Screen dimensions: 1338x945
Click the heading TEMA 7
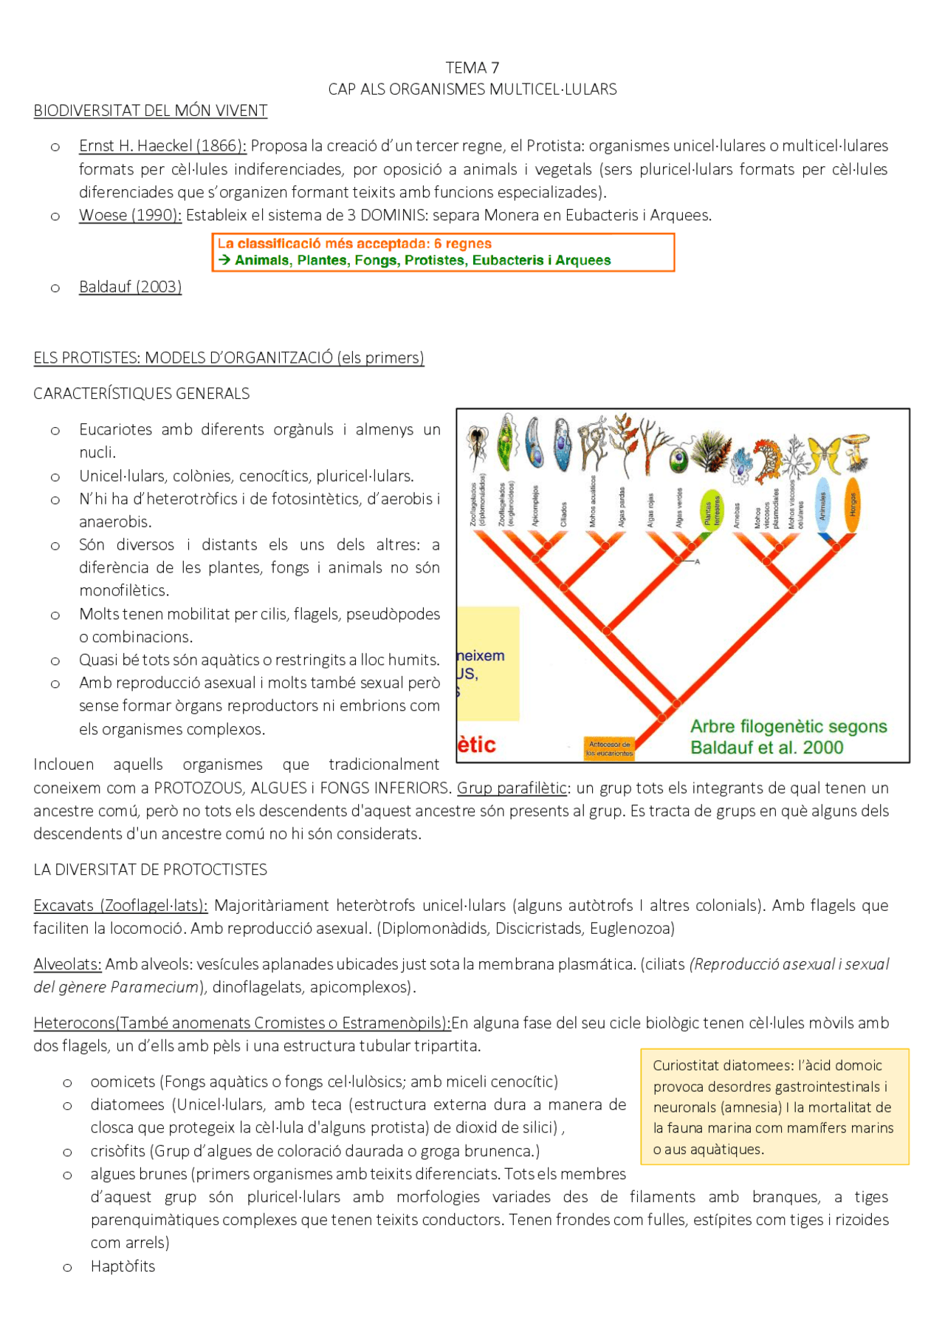(x=472, y=68)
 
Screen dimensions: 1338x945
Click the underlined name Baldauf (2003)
(x=130, y=287)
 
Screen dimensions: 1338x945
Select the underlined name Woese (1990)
(x=130, y=215)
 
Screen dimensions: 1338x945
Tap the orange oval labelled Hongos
(x=851, y=506)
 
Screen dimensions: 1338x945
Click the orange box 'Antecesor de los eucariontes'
(x=609, y=748)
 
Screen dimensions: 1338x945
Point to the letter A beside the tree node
(x=697, y=562)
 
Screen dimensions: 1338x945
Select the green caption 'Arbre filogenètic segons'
(x=788, y=726)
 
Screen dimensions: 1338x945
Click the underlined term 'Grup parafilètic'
(x=512, y=788)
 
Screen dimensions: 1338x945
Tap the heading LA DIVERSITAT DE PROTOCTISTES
(x=150, y=870)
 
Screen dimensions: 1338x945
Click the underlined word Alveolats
(x=67, y=964)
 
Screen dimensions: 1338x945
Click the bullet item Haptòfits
(x=123, y=1266)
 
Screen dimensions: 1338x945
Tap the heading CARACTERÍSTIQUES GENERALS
(x=142, y=394)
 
